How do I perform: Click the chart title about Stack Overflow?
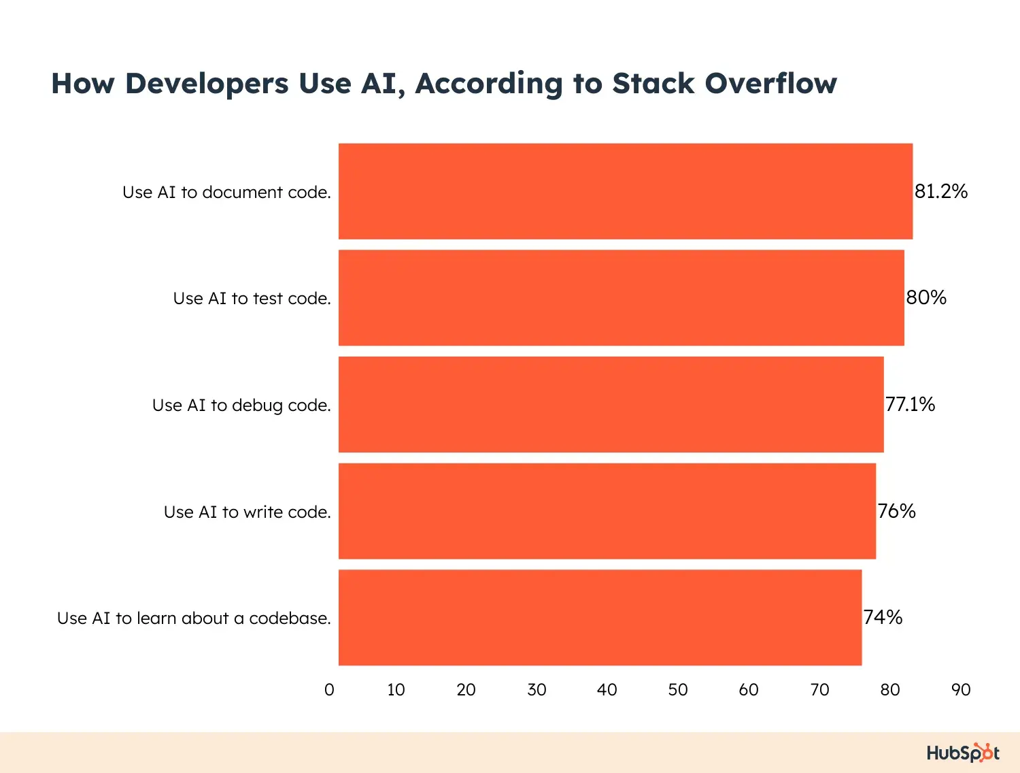[x=444, y=84]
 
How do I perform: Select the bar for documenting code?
[x=626, y=191]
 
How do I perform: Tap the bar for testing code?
[x=622, y=298]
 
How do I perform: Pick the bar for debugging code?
[x=611, y=404]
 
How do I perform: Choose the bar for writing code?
[x=607, y=511]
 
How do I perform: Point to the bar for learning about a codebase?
[x=600, y=617]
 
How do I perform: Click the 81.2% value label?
[x=941, y=191]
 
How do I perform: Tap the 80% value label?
[x=926, y=297]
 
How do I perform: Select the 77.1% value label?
[x=910, y=404]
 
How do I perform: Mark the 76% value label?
[x=896, y=511]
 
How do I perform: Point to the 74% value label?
[x=883, y=617]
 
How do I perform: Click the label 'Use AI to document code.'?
[x=226, y=192]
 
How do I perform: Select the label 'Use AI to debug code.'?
[x=241, y=406]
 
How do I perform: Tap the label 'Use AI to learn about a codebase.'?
[x=194, y=619]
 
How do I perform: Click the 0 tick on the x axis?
[x=329, y=690]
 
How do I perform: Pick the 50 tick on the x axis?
[x=678, y=690]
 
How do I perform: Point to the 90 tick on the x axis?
[x=961, y=690]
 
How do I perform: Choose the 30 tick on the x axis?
[x=537, y=690]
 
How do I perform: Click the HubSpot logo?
[x=963, y=753]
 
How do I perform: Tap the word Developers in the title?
[x=207, y=84]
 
